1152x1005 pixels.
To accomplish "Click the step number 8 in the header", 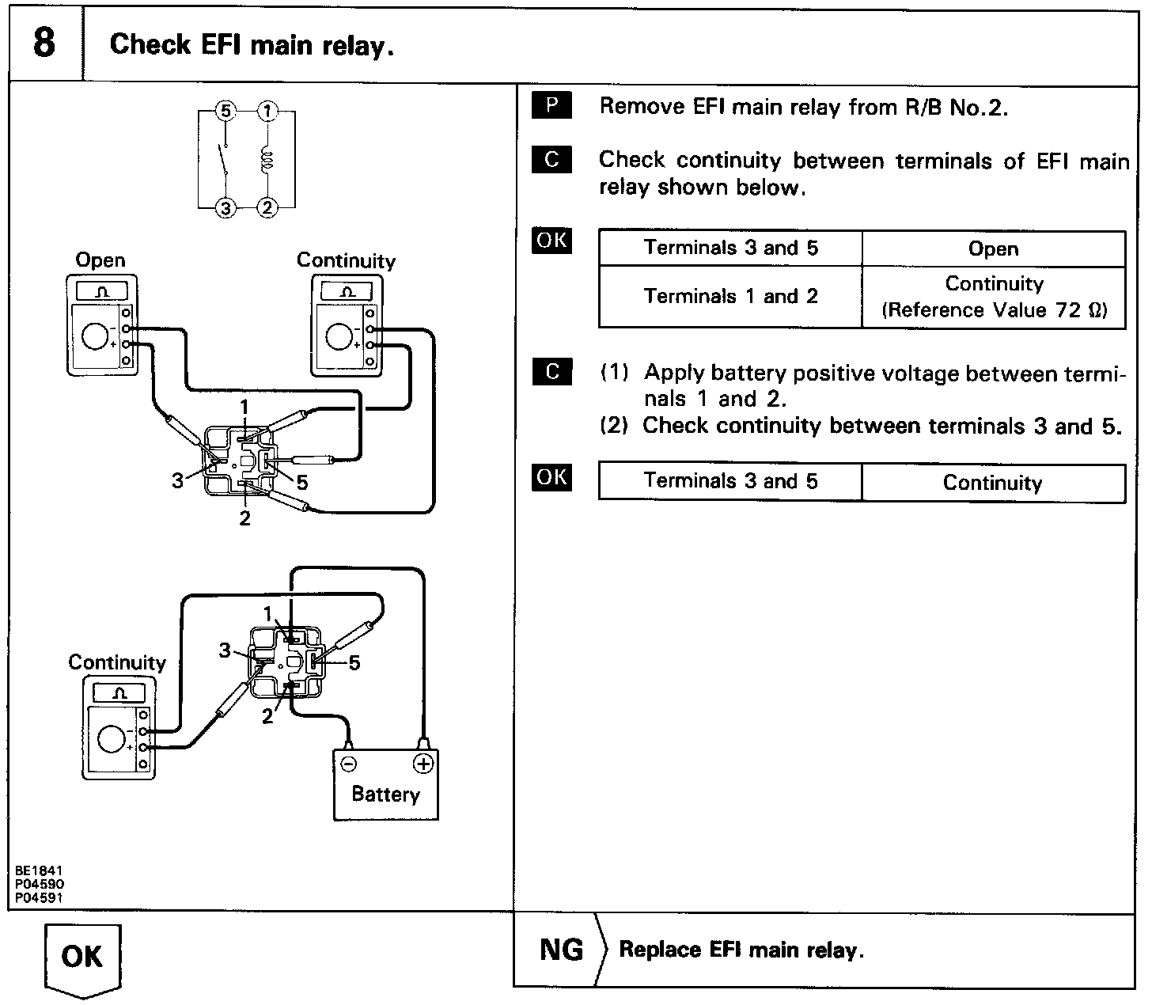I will tap(44, 44).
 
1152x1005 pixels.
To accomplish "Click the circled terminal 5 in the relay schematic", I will tap(226, 112).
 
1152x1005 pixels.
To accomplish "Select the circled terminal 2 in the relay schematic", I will tap(267, 208).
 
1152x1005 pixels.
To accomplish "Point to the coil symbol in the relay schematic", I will tap(267, 159).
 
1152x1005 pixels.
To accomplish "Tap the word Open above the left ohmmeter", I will tap(100, 260).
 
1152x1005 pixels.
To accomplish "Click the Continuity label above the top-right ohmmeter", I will tap(346, 260).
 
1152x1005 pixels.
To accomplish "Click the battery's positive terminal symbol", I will tap(423, 763).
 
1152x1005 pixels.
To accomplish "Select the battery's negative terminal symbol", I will tap(348, 763).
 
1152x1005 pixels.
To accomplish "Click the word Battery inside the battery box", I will tap(385, 794).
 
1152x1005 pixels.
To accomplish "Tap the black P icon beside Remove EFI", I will tap(551, 106).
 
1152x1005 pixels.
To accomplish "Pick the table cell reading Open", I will tap(993, 248).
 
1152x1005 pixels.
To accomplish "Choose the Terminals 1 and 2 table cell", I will tap(730, 297).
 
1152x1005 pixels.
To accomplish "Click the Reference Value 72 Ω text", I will tap(994, 310).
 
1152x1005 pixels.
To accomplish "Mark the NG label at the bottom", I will tap(561, 950).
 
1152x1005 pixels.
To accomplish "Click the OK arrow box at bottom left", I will tap(81, 957).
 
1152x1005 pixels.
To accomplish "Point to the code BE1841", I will tap(38, 870).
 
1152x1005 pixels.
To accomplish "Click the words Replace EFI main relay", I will tap(741, 950).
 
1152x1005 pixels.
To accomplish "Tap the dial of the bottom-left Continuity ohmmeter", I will tap(111, 740).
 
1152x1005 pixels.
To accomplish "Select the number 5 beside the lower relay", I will tap(354, 663).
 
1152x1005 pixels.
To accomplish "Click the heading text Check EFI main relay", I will tap(252, 45).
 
